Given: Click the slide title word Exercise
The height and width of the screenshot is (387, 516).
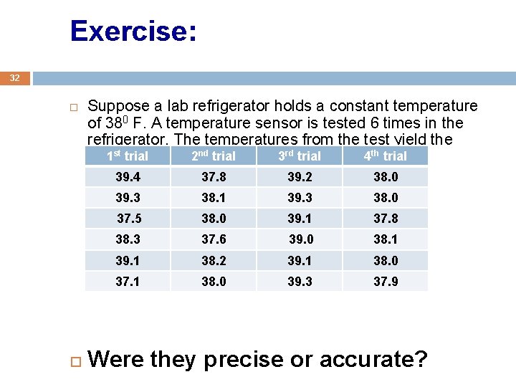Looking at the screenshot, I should coord(133,32).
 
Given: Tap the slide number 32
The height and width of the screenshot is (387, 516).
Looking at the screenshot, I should coord(15,77).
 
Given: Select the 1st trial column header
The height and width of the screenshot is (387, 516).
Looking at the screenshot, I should coord(127,156).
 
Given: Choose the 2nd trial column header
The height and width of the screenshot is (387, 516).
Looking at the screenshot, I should coord(213,156).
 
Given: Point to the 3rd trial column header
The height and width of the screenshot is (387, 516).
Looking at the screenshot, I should coord(299,156).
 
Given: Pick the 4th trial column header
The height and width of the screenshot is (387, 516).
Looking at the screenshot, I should coord(385,156).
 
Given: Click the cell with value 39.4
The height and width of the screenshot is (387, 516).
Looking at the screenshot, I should coord(128,177).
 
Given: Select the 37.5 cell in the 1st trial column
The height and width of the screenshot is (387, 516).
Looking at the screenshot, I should coord(129,219).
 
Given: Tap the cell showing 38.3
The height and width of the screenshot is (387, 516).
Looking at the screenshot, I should coord(128,239).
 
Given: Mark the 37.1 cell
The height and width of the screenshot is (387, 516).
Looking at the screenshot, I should coord(128,282).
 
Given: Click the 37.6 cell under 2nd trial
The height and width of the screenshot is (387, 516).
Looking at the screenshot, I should coord(214,239).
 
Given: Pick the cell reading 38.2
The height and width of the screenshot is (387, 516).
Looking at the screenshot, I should coord(214,261).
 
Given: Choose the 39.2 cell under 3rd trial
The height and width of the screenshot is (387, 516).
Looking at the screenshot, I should coord(300,177).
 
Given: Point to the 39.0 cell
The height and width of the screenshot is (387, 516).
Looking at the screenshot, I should coord(301,239).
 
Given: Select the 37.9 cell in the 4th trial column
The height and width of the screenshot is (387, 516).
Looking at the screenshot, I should coord(386,282).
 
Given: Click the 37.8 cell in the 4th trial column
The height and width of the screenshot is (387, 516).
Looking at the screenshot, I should coord(386,219).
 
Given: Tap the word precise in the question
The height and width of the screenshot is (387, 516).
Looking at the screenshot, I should coord(239,359).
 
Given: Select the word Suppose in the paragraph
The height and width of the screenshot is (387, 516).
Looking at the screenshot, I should coord(114,107).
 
